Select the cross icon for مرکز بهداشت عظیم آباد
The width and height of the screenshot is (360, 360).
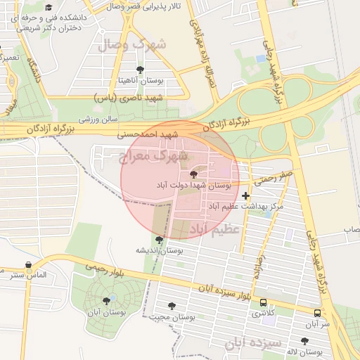[245, 195]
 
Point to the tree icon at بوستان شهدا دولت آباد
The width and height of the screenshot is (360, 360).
[193, 174]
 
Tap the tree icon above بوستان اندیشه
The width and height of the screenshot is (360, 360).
[159, 240]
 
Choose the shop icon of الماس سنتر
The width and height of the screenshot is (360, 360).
[28, 265]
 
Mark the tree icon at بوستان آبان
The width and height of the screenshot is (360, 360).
[106, 301]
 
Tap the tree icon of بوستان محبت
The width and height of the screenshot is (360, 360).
[172, 306]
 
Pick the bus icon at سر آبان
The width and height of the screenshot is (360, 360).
[317, 313]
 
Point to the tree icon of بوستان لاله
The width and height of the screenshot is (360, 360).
[304, 341]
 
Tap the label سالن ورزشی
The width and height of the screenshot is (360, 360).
[98, 120]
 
